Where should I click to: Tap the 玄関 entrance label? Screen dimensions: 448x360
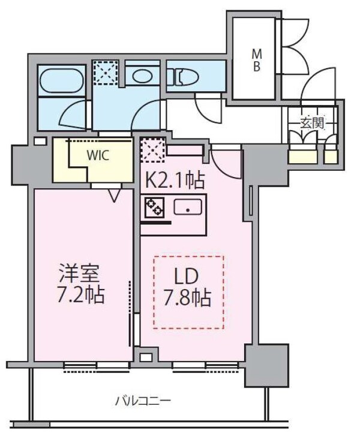pyautogui.click(x=312, y=124)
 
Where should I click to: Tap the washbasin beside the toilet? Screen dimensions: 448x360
pyautogui.click(x=143, y=76)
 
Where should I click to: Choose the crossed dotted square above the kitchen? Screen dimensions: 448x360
pyautogui.click(x=153, y=150)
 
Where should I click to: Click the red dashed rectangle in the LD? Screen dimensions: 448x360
pyautogui.click(x=188, y=292)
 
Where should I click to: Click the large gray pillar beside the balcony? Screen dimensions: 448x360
pyautogui.click(x=267, y=365)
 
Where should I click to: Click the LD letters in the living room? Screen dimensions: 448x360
pyautogui.click(x=187, y=276)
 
